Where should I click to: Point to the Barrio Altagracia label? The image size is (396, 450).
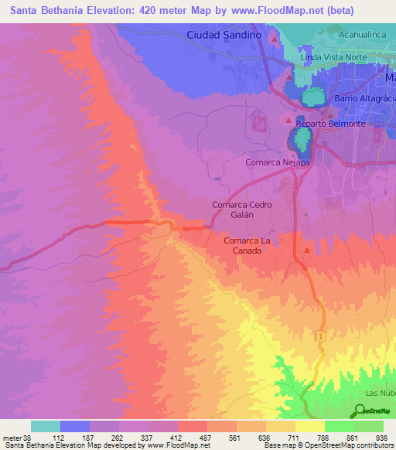coord(364,99)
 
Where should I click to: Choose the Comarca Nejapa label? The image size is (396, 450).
coord(278,162)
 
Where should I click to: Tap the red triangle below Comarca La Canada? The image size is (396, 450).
coord(308,250)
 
